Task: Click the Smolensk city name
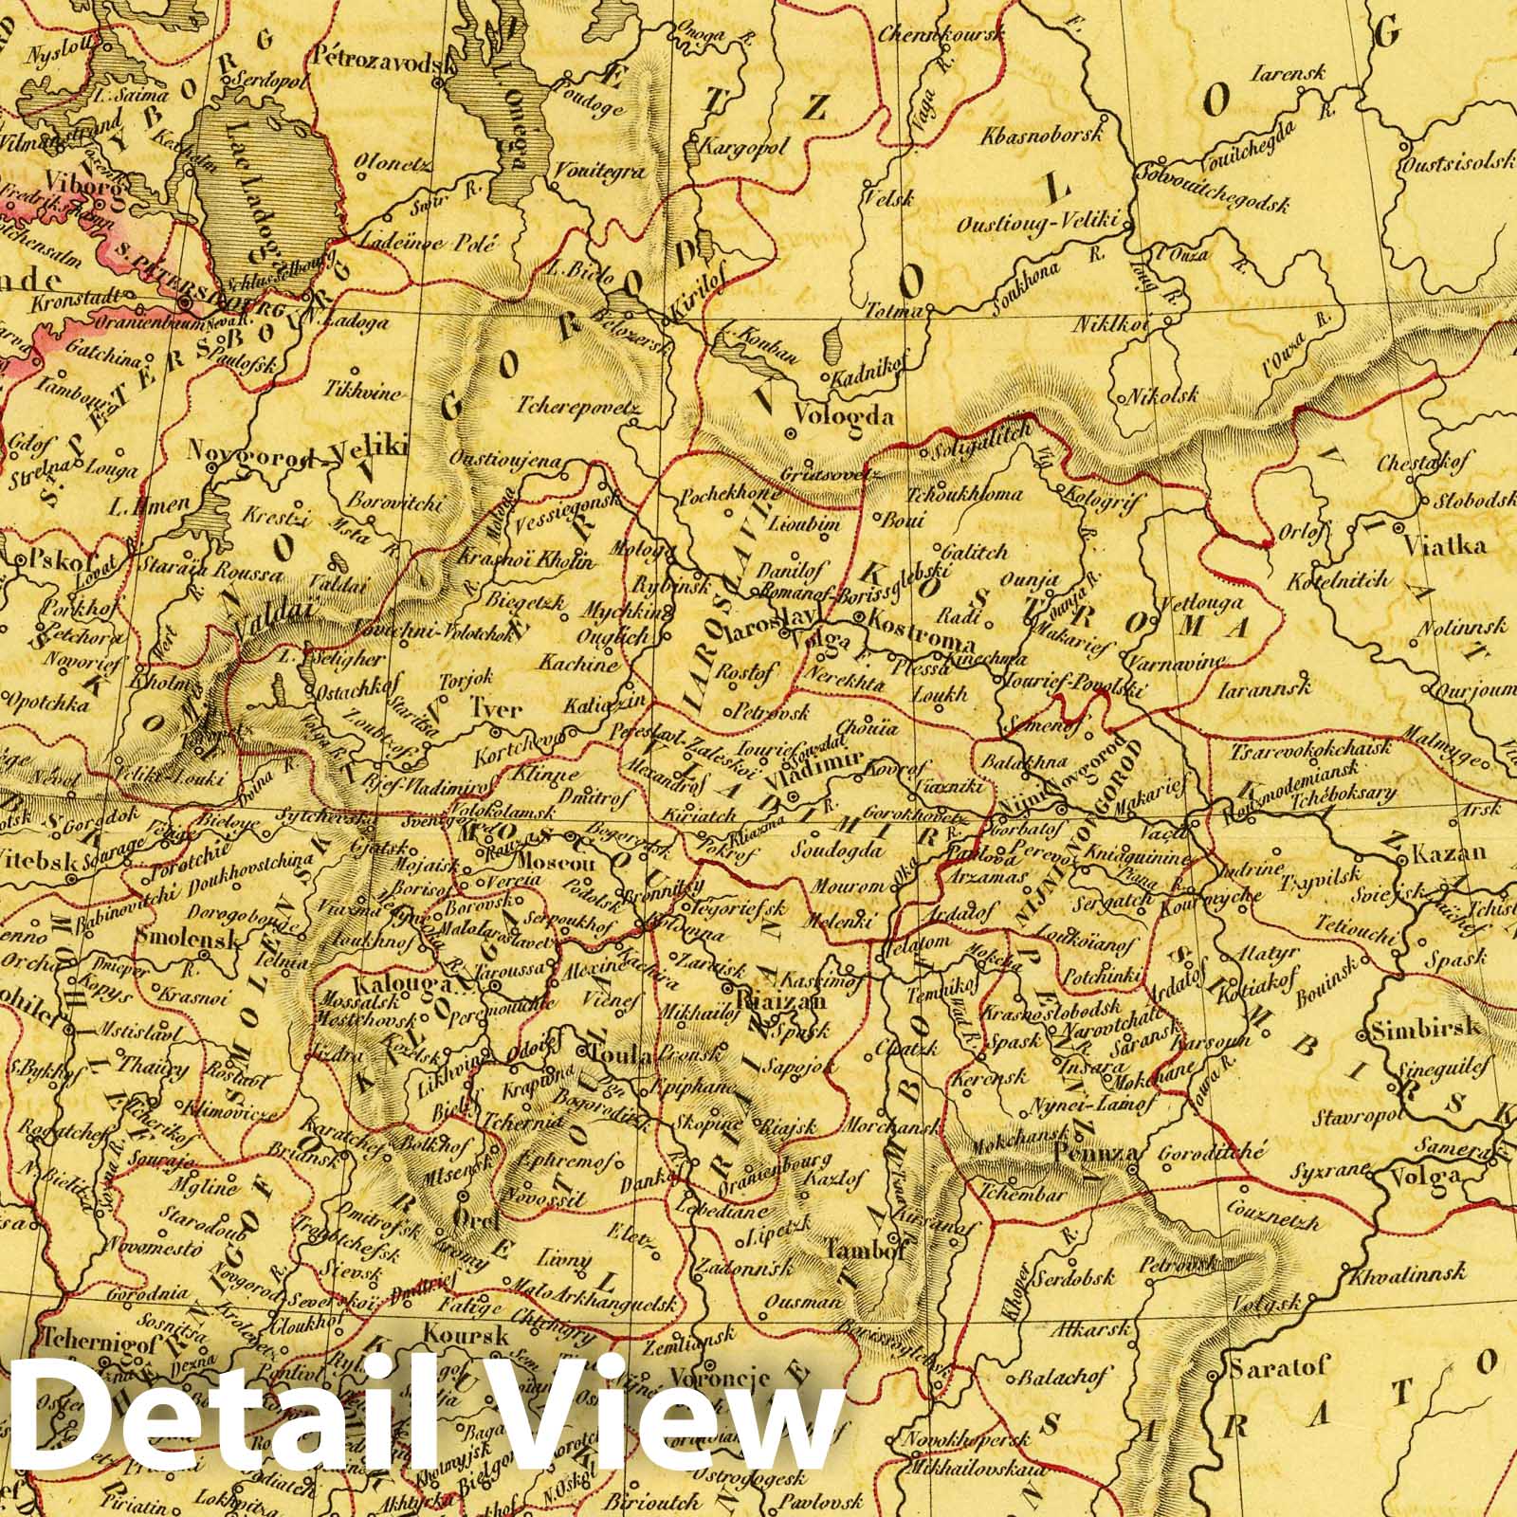point(181,933)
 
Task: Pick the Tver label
point(496,709)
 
